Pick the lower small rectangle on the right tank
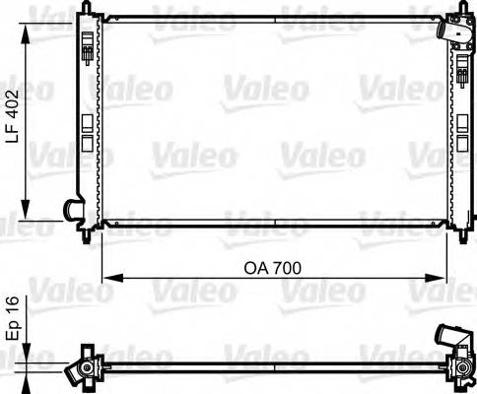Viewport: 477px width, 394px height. click(461, 144)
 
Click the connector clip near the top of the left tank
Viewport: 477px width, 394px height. click(90, 48)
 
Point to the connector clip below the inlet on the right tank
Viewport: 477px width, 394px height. click(461, 69)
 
